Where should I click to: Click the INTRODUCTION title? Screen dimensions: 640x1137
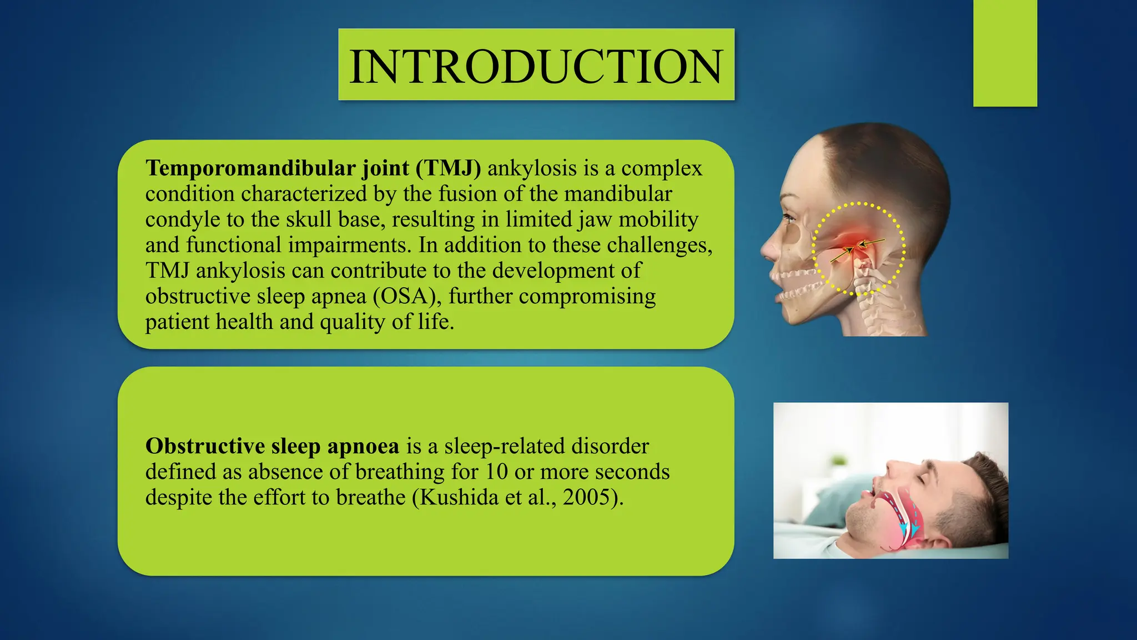click(x=536, y=66)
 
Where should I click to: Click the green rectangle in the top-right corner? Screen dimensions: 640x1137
click(x=1005, y=53)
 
